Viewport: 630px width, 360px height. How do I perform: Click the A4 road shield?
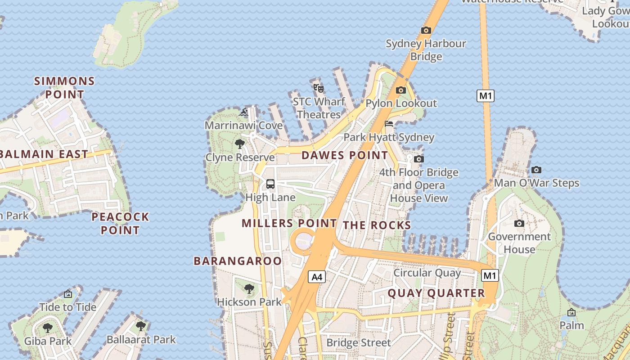[x=317, y=277]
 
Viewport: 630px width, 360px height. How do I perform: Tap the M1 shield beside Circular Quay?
[x=490, y=275]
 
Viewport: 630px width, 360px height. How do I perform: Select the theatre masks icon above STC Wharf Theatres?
[x=319, y=88]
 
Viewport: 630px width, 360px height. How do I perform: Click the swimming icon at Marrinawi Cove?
[x=243, y=112]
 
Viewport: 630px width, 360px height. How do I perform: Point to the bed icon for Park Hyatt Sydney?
[x=389, y=124]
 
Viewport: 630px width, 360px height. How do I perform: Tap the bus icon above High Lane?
[x=270, y=184]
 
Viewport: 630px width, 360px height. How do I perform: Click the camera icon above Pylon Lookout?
[x=400, y=90]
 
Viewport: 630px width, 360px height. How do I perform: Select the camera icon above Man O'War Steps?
[x=536, y=170]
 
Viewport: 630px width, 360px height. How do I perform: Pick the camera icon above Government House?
[x=519, y=223]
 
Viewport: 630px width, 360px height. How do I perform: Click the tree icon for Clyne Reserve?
[x=240, y=144]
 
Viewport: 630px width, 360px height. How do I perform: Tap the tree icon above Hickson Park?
[x=249, y=288]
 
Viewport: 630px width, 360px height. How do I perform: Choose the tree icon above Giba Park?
[x=48, y=328]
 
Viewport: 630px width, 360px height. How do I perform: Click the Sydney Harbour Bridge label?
[x=426, y=50]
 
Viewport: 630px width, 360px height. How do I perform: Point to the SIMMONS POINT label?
[x=65, y=88]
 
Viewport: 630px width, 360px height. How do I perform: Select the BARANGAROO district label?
[x=238, y=261]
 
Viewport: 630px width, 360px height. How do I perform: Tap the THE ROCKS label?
[x=377, y=225]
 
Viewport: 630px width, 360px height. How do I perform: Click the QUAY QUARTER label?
[x=436, y=293]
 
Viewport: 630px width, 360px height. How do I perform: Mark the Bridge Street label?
[x=358, y=343]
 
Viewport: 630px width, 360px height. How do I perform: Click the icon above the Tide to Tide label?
[x=68, y=294]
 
